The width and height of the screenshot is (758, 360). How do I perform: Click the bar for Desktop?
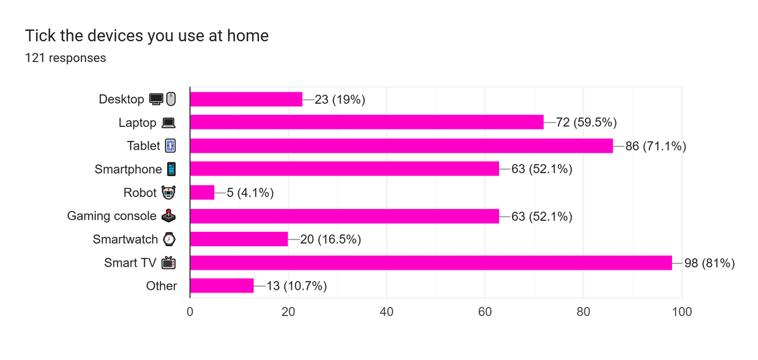(246, 99)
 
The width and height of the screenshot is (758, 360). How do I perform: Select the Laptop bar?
(367, 122)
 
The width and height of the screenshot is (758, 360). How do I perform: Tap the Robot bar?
(202, 193)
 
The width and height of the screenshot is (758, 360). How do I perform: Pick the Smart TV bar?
(431, 263)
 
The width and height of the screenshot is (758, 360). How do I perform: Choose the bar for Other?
(222, 286)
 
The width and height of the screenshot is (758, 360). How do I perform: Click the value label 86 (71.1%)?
(656, 146)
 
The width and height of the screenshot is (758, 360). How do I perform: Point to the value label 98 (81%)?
(709, 263)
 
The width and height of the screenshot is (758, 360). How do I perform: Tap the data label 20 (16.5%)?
(330, 239)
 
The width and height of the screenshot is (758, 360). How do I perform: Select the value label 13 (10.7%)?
(297, 286)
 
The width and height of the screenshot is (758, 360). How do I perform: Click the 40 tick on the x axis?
(387, 311)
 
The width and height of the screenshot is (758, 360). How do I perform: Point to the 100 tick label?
(682, 311)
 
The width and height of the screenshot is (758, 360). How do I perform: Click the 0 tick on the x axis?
(190, 311)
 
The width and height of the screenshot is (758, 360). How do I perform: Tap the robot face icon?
(169, 193)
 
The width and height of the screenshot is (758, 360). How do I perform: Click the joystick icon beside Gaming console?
(169, 216)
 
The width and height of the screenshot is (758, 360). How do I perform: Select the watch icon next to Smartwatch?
(169, 239)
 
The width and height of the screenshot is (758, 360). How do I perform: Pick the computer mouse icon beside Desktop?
(171, 99)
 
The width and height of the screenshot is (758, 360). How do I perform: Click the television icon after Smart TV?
(169, 263)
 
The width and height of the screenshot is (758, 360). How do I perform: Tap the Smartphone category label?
(128, 169)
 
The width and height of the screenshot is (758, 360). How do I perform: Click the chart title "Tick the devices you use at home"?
(147, 35)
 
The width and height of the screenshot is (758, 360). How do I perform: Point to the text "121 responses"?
(66, 58)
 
